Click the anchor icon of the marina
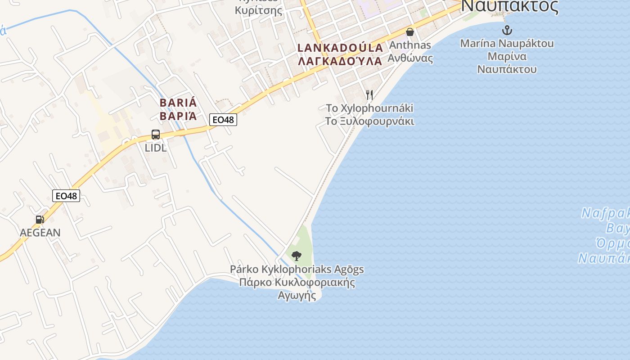pos(507,30)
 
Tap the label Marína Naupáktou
pos(507,44)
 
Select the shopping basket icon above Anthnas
pos(410,32)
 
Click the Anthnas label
pos(410,45)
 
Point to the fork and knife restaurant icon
pos(369,94)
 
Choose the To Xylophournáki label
pos(369,108)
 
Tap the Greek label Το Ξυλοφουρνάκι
pos(369,121)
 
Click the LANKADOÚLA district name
pos(340,48)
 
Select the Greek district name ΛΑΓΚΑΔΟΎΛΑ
pos(340,61)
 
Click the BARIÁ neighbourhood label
pos(178,103)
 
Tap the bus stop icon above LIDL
pos(156,135)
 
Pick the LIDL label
pos(156,148)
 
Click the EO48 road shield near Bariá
pos(223,120)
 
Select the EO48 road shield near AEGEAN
pos(66,196)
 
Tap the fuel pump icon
pos(40,220)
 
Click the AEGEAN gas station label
pos(40,233)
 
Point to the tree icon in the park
pos(296,256)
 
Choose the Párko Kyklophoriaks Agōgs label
pos(297,270)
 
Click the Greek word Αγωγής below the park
pos(297,296)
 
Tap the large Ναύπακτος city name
pos(510,6)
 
